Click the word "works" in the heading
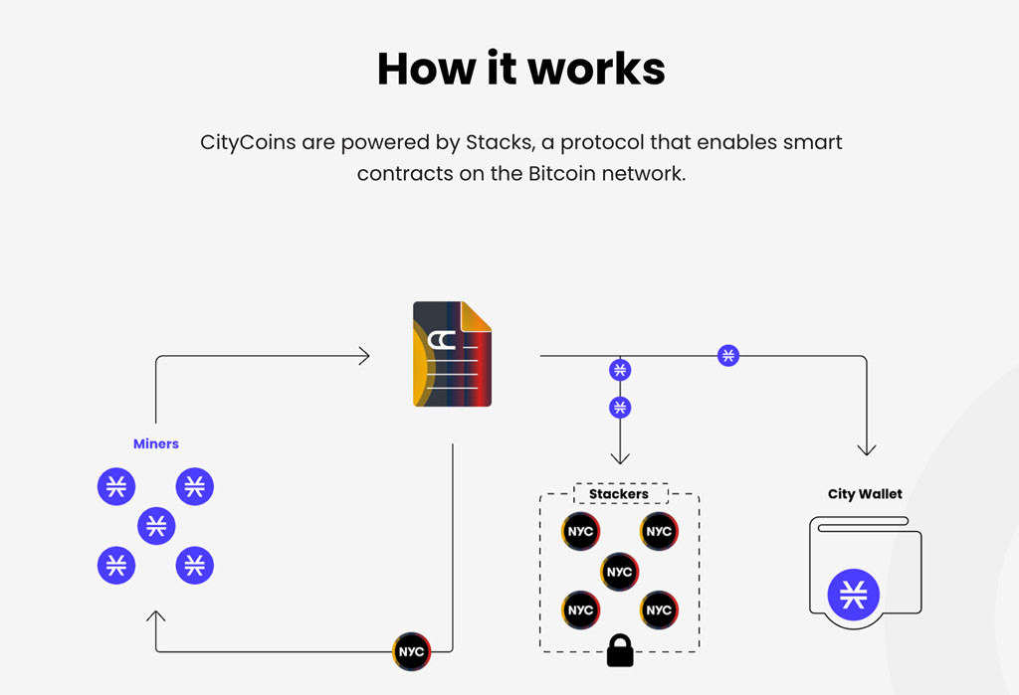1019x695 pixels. point(597,69)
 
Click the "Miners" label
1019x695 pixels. point(156,443)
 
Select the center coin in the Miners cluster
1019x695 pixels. point(156,525)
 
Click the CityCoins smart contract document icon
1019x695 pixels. point(453,354)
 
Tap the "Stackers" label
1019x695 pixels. point(619,494)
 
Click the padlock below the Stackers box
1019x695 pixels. point(620,650)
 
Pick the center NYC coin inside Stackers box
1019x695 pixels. point(619,572)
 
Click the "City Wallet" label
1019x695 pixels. point(865,494)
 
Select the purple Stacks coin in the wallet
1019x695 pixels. point(853,595)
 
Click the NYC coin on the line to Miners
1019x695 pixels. point(411,651)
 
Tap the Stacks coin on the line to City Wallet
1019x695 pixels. point(728,356)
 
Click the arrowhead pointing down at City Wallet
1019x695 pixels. point(867,450)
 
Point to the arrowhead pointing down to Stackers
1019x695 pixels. point(620,458)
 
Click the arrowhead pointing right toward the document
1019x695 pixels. point(364,356)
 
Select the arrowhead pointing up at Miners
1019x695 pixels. point(156,615)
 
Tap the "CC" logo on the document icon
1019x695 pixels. point(442,340)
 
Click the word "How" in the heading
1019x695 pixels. point(427,69)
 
